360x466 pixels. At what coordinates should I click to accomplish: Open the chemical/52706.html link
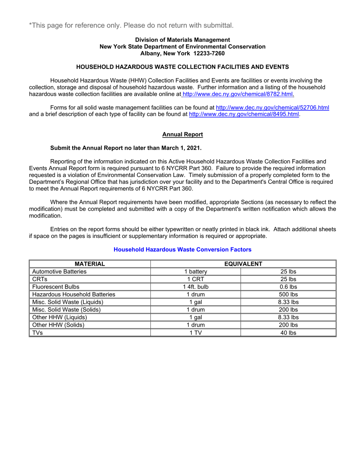[x=272, y=108]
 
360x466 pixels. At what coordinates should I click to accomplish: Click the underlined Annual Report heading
[x=182, y=134]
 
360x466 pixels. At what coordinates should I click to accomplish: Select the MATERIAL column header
[x=89, y=264]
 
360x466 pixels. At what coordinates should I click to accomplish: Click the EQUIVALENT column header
[x=243, y=264]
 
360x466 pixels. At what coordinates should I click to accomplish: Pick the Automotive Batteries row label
[x=59, y=272]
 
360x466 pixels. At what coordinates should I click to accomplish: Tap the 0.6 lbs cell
[x=288, y=287]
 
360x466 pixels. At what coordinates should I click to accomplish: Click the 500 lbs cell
[x=288, y=294]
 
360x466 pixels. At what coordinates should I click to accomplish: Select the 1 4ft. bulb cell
[x=196, y=287]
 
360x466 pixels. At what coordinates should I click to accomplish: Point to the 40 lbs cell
[x=288, y=333]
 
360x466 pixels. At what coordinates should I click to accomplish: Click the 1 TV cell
[x=196, y=333]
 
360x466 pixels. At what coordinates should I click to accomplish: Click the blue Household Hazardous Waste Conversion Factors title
[x=182, y=249]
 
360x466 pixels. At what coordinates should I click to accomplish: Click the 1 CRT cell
[x=196, y=279]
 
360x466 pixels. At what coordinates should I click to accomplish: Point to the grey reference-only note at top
[x=131, y=25]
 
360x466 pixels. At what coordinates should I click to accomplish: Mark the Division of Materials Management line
[x=182, y=40]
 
